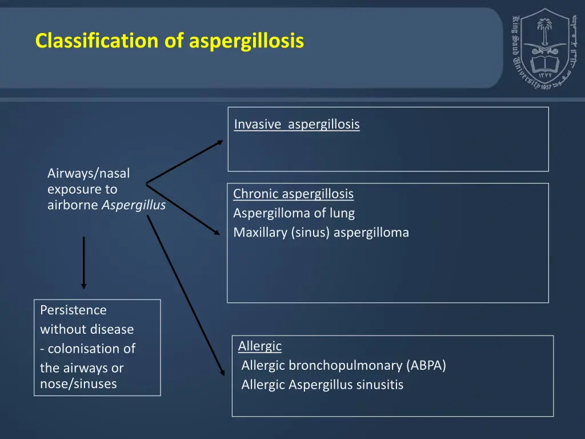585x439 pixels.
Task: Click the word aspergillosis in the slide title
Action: click(x=246, y=41)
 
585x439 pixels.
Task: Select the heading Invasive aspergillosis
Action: click(x=296, y=124)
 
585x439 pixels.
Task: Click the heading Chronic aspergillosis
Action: click(x=293, y=194)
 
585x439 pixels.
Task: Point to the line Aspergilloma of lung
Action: click(x=294, y=213)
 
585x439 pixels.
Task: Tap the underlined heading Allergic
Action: click(x=260, y=346)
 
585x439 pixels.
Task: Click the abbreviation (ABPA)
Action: click(x=427, y=365)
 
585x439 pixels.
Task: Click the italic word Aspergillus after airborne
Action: click(x=134, y=205)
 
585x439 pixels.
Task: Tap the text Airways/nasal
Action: click(x=89, y=173)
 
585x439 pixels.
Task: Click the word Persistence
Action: click(x=73, y=310)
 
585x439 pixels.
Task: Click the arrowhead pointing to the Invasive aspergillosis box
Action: click(x=220, y=142)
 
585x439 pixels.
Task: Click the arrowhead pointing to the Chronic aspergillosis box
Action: click(x=217, y=232)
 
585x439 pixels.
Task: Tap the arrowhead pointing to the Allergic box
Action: click(x=222, y=371)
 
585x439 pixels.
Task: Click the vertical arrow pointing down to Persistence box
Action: click(x=84, y=263)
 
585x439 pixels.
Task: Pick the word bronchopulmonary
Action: click(x=347, y=365)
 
